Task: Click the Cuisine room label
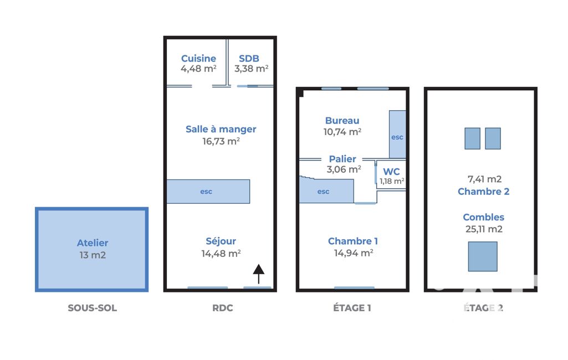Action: (x=198, y=58)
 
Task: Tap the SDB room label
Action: (x=249, y=58)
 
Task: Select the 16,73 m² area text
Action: (x=221, y=141)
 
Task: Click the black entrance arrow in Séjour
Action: (x=259, y=274)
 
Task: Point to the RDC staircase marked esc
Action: (x=208, y=191)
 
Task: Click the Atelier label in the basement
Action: (x=93, y=243)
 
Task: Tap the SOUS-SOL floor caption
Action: (x=93, y=308)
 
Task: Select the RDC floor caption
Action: (x=222, y=308)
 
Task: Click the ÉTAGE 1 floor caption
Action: (x=352, y=308)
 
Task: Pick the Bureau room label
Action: (x=342, y=121)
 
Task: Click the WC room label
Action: (x=392, y=172)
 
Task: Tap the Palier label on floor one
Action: (x=342, y=159)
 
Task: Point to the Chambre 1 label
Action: (x=353, y=241)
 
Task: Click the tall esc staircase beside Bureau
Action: (x=397, y=135)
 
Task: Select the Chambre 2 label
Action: (x=484, y=192)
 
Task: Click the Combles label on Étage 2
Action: (x=484, y=217)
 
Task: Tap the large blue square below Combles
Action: (x=483, y=256)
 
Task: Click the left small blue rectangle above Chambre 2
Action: (x=472, y=138)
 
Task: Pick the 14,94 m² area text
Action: (x=354, y=253)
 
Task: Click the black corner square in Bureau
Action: (x=301, y=93)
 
